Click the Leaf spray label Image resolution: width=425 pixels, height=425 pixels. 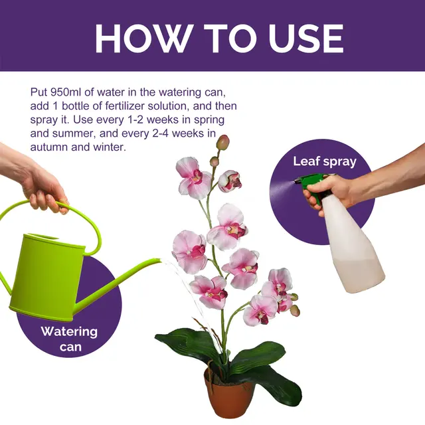tap(325, 161)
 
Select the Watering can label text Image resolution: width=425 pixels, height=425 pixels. tap(69, 338)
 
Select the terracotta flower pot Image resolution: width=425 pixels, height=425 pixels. tap(228, 396)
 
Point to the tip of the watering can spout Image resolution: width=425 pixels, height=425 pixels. tap(159, 262)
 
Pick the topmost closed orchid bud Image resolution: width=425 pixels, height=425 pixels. tap(223, 142)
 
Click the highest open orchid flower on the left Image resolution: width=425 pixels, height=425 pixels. tap(193, 177)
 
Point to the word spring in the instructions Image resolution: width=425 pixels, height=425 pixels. tap(207, 120)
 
